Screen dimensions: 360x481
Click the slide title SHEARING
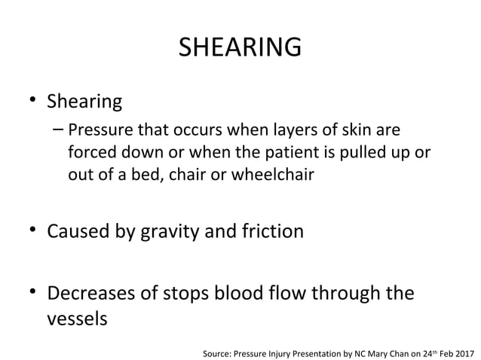tap(240, 49)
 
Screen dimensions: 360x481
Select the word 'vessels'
tap(77, 318)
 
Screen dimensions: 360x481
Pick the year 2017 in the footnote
tap(464, 351)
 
